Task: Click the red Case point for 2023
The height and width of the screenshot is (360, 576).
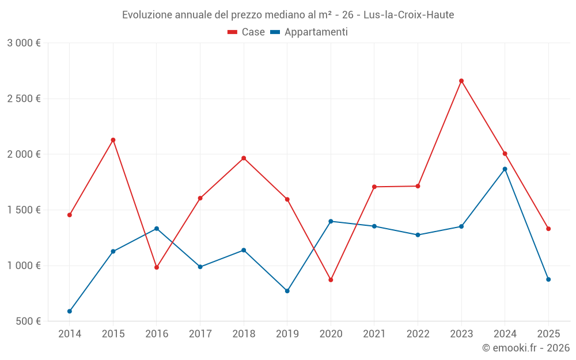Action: pos(461,81)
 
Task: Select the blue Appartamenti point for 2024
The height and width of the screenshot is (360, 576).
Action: pos(505,169)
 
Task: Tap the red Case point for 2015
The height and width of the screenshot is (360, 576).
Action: pos(113,140)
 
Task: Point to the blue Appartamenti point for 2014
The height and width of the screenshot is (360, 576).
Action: pos(70,311)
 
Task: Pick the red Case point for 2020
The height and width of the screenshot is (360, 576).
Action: pos(331,280)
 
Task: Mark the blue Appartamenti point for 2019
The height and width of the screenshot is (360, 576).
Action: pos(287,291)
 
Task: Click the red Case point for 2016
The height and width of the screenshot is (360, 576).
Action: pos(157,267)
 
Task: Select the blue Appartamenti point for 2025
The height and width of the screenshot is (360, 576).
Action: pos(548,279)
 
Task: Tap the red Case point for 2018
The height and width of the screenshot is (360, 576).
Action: pos(244,158)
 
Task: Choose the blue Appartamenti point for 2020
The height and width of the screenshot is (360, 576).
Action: pos(331,221)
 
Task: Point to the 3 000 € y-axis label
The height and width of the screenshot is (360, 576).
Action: pos(24,43)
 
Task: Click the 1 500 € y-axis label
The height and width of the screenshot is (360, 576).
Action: pos(24,210)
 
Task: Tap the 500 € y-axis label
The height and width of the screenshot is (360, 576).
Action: pos(27,321)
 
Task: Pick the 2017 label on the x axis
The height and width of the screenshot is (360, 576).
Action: pos(200,334)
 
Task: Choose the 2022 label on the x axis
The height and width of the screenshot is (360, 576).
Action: pos(418,334)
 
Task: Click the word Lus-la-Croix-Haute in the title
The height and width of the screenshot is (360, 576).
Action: pos(408,15)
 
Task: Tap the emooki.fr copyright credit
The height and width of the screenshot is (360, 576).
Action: pos(525,348)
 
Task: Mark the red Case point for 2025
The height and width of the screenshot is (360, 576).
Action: pos(548,229)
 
